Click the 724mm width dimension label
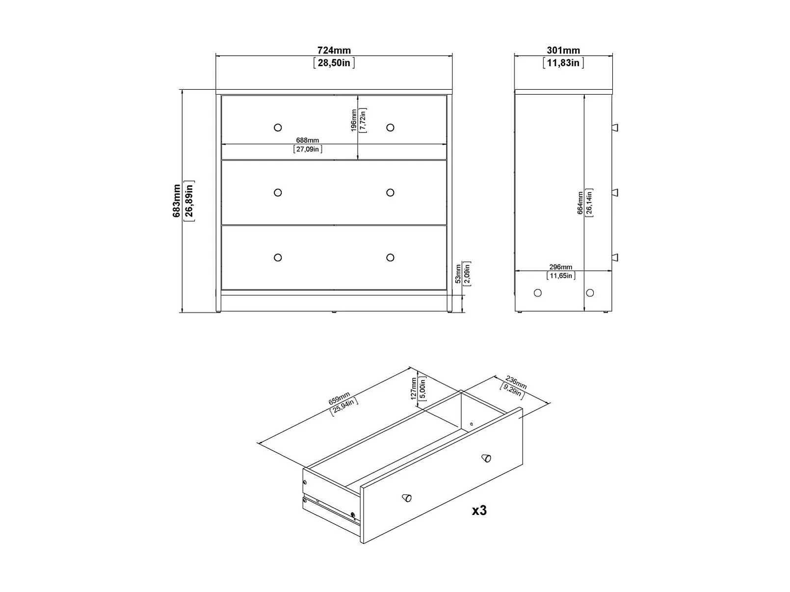[334, 51]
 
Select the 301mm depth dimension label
[563, 51]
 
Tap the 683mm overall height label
[176, 201]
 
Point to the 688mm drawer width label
[307, 140]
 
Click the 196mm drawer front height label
[354, 121]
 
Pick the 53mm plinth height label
[458, 274]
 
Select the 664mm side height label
[580, 203]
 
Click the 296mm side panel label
[561, 267]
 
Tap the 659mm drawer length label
[339, 398]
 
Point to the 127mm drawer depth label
[414, 388]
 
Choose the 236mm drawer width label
[516, 382]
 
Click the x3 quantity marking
[479, 511]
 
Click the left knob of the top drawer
[278, 128]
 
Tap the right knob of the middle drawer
[390, 193]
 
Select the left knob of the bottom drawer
[278, 257]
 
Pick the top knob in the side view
[615, 128]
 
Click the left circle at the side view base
[538, 293]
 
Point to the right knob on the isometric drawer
[486, 458]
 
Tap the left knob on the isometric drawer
[407, 498]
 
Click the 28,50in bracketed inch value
[334, 63]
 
